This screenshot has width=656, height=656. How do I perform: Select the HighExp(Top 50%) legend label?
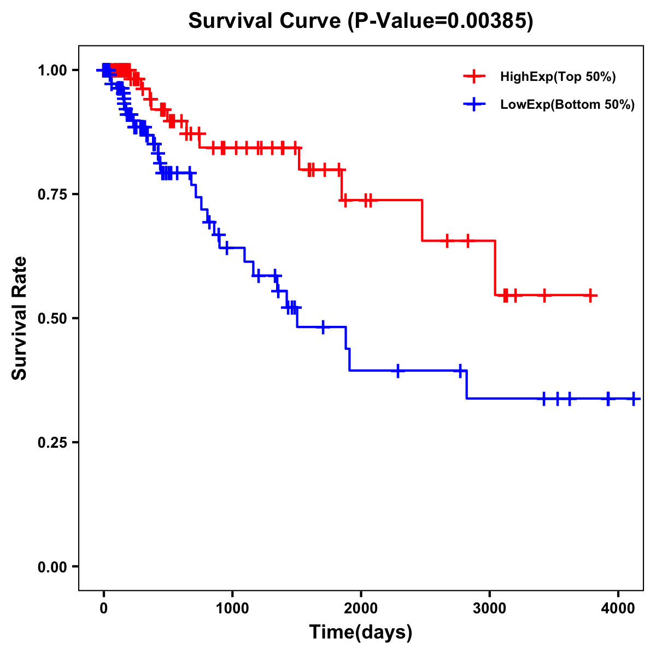click(558, 77)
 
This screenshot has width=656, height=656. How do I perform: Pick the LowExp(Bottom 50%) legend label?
click(567, 104)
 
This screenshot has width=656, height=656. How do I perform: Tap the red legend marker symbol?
click(474, 77)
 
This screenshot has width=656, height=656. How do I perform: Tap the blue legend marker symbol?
click(474, 104)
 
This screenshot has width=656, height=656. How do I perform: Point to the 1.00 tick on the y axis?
click(51, 70)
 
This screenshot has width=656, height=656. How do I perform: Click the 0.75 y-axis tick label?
click(51, 194)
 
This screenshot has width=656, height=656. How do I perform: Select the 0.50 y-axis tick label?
click(51, 318)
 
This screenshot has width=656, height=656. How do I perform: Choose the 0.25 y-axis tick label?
click(51, 442)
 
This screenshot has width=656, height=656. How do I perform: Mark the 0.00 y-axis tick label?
click(51, 566)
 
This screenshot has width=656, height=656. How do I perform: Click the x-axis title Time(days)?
click(361, 632)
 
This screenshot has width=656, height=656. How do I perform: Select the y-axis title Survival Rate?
click(20, 318)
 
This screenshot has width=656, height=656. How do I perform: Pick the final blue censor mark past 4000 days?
click(634, 399)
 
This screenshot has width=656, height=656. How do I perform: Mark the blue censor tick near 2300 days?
click(398, 370)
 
